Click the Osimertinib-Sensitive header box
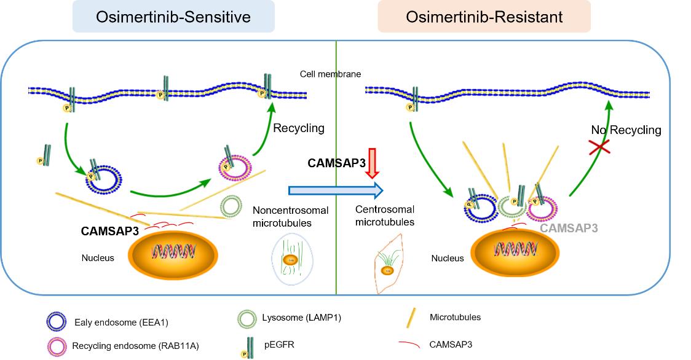click(x=173, y=17)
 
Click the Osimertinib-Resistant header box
click(x=484, y=17)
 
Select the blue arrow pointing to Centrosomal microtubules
click(x=335, y=188)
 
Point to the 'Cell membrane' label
click(x=330, y=74)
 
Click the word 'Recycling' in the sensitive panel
click(x=298, y=128)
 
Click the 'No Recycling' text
click(x=626, y=130)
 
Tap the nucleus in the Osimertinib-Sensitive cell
click(x=172, y=253)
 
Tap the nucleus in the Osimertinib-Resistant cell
click(x=515, y=252)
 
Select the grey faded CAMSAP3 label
click(x=568, y=228)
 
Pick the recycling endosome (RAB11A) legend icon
click(x=56, y=345)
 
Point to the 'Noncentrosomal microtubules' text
click(x=286, y=216)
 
